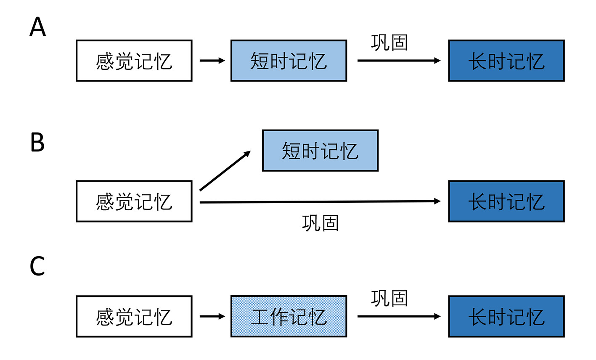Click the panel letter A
[37, 26]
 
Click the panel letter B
[37, 142]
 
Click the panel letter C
[37, 266]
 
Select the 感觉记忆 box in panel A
[134, 61]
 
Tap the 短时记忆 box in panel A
[289, 61]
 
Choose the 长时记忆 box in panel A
[506, 61]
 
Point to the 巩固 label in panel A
[389, 42]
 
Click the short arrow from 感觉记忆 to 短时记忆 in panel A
[212, 61]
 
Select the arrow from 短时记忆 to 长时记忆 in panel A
[399, 61]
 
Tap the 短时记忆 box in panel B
[320, 151]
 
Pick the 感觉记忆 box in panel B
[134, 201]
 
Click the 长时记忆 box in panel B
[506, 201]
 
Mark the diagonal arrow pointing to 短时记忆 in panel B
[225, 171]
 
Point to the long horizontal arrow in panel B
[320, 202]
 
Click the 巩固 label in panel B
[320, 223]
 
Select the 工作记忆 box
[289, 316]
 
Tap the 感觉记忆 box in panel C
[134, 316]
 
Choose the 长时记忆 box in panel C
[506, 316]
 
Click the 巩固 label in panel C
[389, 298]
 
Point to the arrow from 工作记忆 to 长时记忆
[399, 316]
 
